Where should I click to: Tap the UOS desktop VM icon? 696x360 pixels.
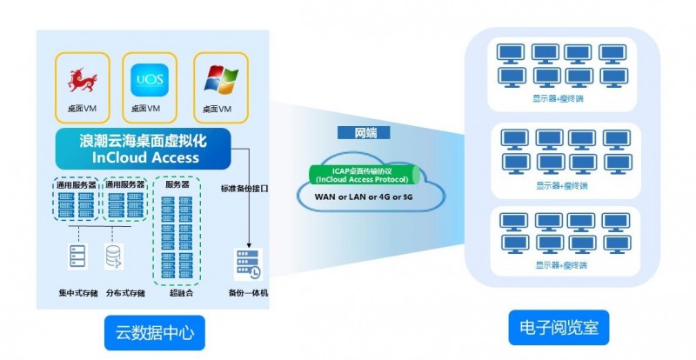coord(147,81)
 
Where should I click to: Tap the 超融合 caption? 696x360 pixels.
coord(180,293)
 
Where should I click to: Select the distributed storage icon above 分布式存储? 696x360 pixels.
coord(113,256)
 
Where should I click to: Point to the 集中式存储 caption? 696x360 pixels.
coord(77,293)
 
